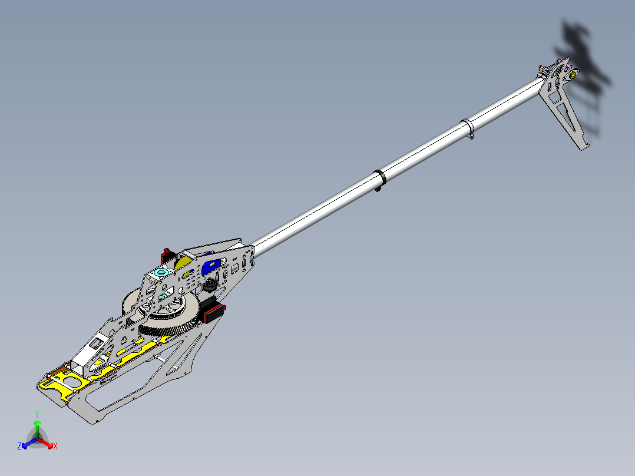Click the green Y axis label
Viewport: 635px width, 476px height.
click(37, 414)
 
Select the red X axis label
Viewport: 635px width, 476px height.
click(55, 447)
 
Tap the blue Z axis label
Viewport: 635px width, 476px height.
click(19, 447)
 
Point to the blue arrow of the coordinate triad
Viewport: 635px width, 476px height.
click(27, 443)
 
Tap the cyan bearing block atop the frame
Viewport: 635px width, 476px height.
click(161, 273)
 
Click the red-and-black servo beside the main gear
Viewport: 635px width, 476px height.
click(214, 312)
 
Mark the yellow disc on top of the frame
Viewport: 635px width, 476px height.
click(184, 261)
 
